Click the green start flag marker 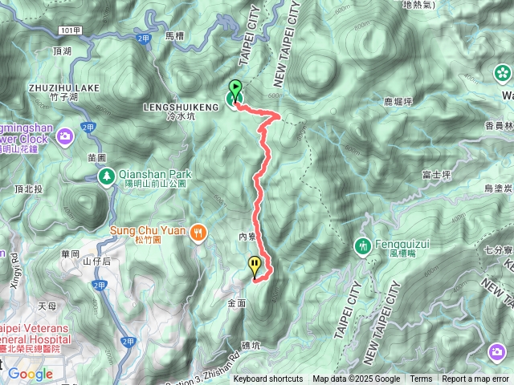tap(235, 89)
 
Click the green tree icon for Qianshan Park tap(105, 176)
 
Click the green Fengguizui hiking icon tap(363, 245)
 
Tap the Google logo tap(30, 374)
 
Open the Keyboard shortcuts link tap(268, 379)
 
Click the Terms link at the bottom tap(421, 379)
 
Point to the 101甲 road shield tap(69, 31)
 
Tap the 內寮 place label tap(247, 237)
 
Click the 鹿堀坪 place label tap(399, 102)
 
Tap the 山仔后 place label tap(97, 261)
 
